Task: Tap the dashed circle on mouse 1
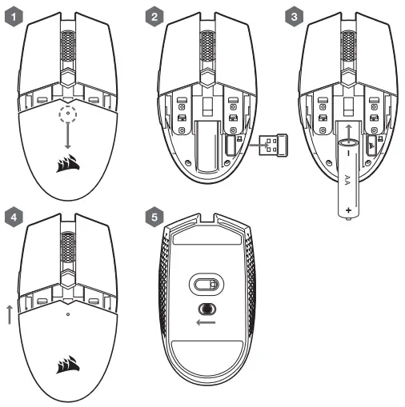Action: coord(68,114)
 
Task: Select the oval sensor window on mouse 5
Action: coord(207,285)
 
